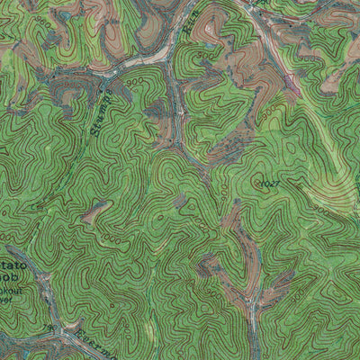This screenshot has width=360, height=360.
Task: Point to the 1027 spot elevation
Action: click(267, 184)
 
